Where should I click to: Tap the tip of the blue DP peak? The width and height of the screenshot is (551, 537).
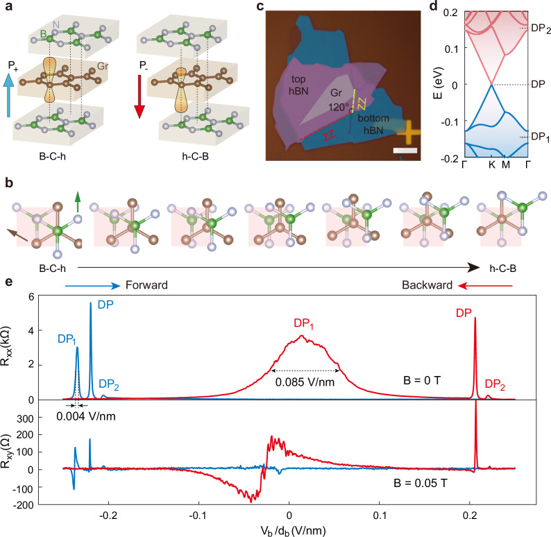[x=90, y=303]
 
